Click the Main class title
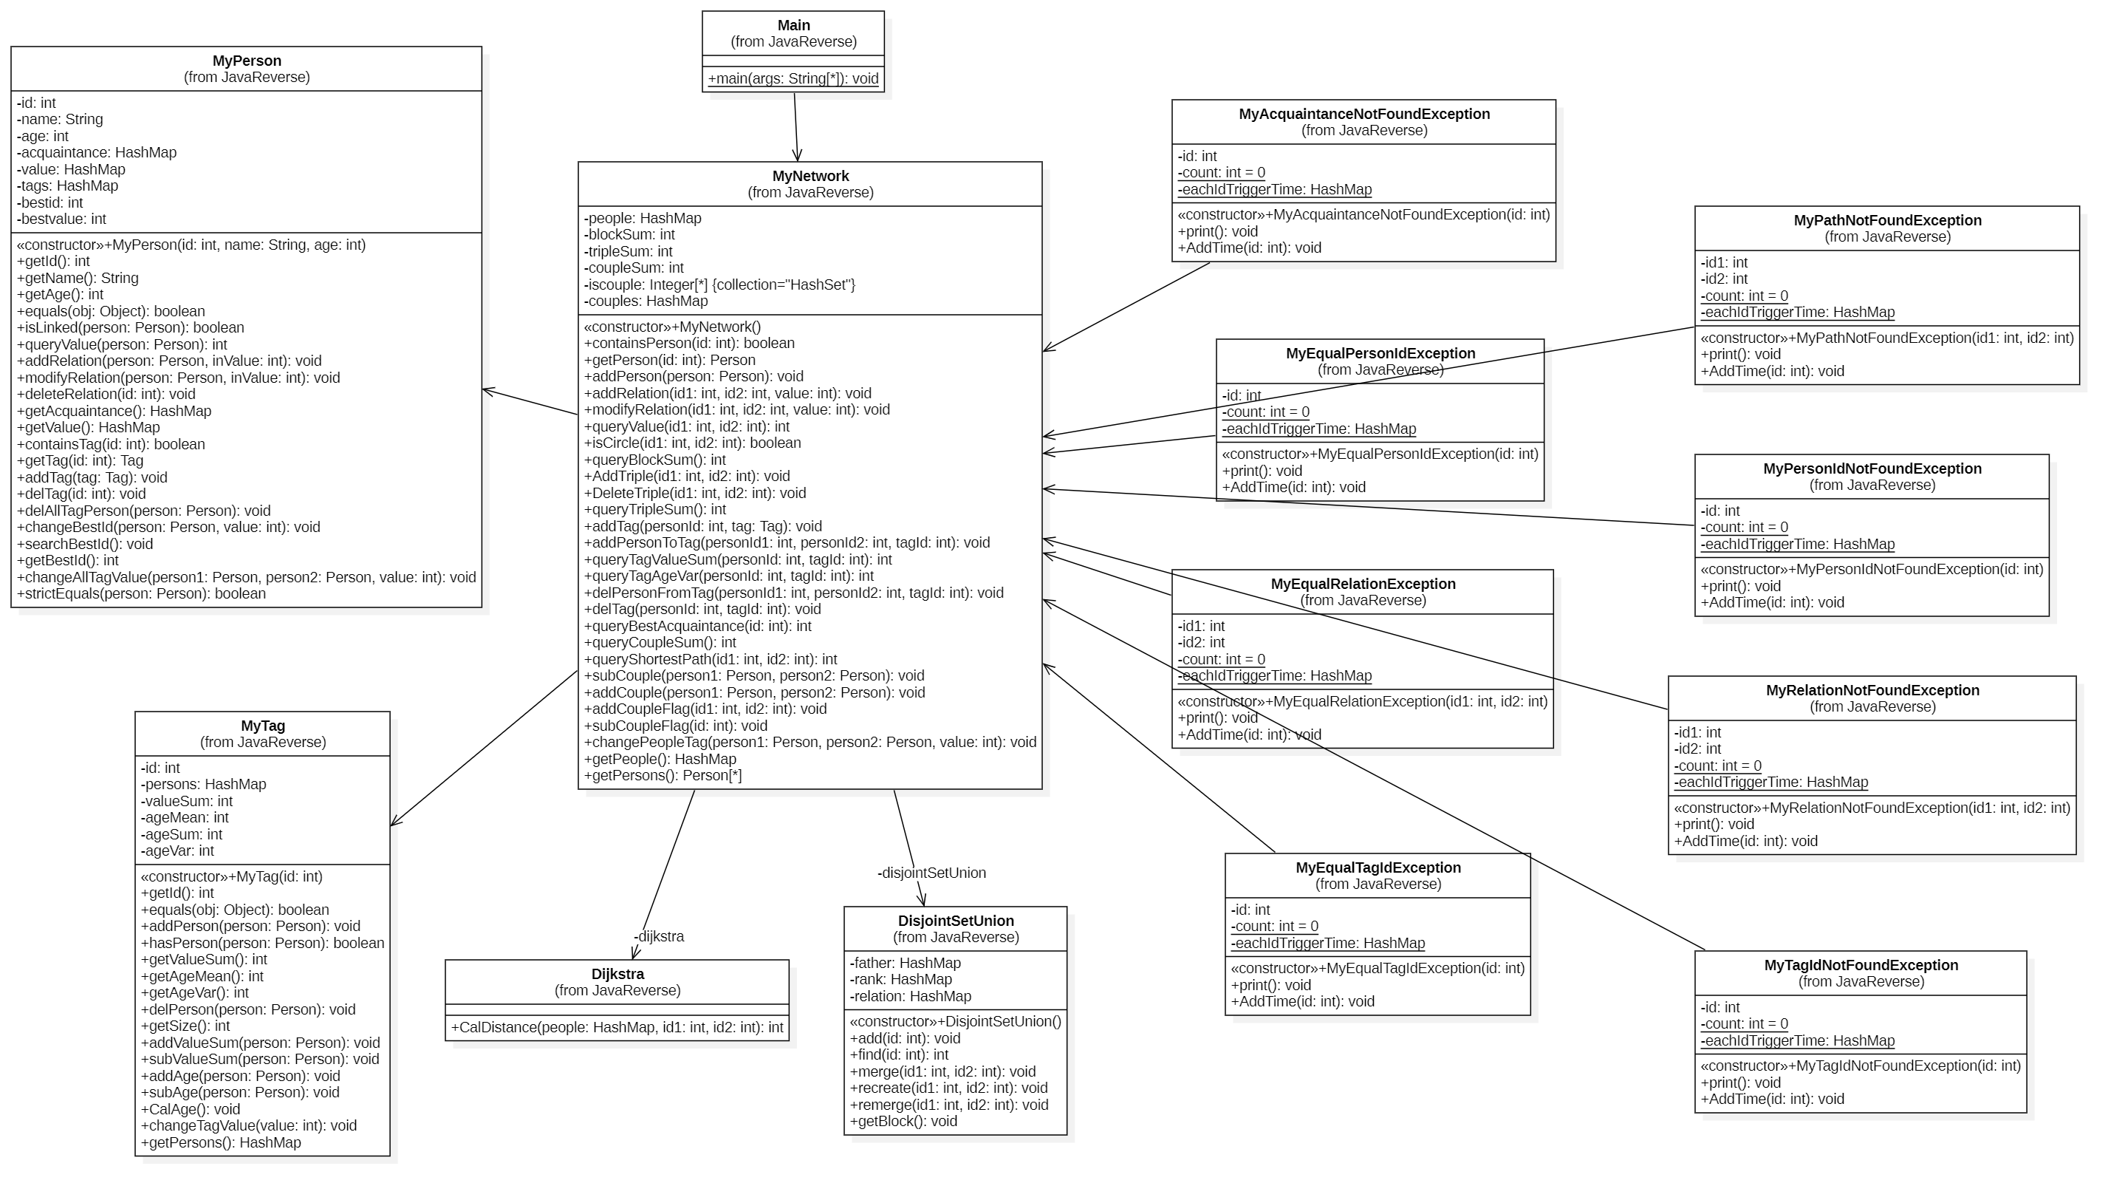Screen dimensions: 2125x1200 (793, 26)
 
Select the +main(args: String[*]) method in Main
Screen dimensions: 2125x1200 (793, 79)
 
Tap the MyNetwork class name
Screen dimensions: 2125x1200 (810, 176)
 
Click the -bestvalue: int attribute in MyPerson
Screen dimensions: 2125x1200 (62, 219)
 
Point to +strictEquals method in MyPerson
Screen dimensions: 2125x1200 (141, 594)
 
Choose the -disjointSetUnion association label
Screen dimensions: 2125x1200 (931, 873)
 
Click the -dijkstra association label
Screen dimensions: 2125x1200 (658, 937)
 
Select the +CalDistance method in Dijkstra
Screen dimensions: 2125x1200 (617, 1029)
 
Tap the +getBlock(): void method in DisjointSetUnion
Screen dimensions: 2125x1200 (903, 1122)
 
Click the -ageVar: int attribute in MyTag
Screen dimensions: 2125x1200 (177, 851)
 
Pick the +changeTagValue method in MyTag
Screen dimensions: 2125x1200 (248, 1125)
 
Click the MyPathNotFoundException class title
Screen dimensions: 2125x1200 (1887, 220)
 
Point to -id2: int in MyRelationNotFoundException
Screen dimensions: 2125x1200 (1697, 749)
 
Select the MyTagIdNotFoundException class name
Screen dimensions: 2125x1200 (1861, 966)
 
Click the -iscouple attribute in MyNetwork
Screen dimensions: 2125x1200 (719, 284)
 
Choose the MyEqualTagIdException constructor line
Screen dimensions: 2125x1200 (1378, 969)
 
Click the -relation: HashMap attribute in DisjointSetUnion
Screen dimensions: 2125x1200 (911, 997)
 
